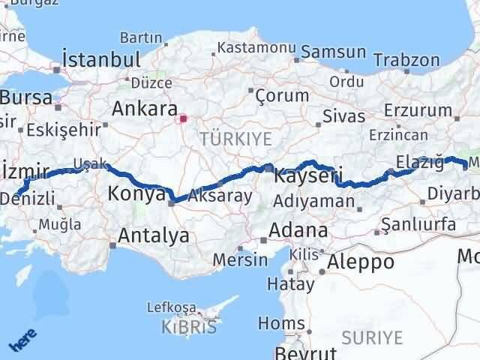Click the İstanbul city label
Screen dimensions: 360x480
101,60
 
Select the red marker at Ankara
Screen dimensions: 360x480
182,118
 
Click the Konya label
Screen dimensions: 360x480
136,193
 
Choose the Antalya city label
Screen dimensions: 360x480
154,236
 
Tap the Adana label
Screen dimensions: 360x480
299,229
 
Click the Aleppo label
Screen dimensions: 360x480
360,262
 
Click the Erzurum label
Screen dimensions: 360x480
414,110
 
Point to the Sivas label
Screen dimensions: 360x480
343,116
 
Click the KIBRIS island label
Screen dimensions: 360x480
189,327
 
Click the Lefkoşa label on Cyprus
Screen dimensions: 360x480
172,307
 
